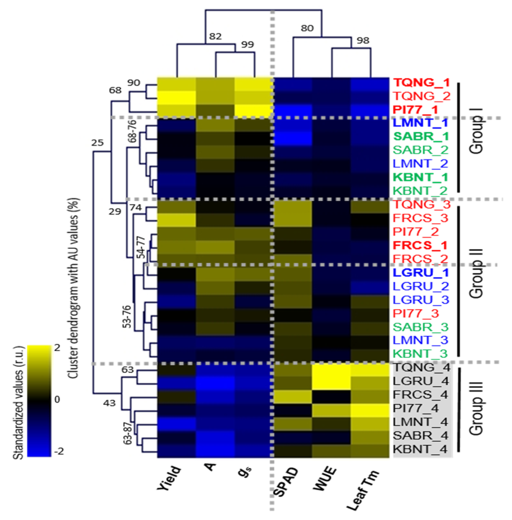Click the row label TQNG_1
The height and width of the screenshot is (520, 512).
[x=421, y=83]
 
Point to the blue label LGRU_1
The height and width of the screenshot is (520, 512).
[x=420, y=272]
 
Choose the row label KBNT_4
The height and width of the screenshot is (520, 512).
[x=420, y=449]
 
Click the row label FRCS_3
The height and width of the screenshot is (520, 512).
[x=420, y=218]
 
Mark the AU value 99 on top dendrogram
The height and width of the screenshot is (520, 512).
[x=247, y=44]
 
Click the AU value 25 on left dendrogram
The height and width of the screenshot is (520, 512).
[x=97, y=143]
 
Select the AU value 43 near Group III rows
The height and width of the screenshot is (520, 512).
[x=109, y=403]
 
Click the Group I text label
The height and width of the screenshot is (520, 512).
[x=476, y=135]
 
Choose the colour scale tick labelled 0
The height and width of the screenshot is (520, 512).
[x=57, y=399]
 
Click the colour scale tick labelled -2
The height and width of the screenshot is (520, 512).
[x=58, y=451]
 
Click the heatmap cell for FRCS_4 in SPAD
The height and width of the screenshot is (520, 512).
[x=293, y=394]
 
